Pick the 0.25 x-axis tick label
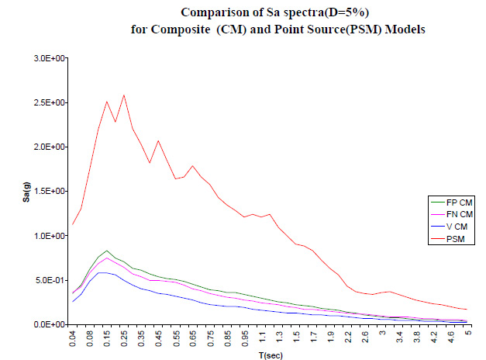124,339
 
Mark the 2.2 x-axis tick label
349,337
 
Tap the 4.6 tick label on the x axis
452,337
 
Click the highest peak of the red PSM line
124,95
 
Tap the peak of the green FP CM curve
107,251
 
